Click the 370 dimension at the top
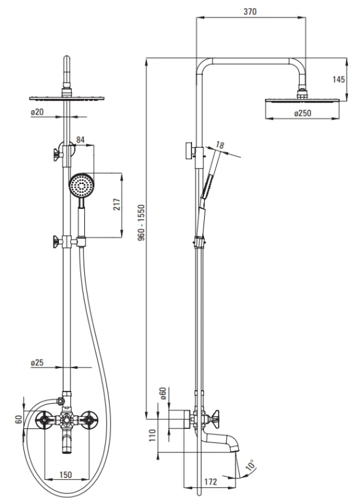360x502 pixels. coord(250,11)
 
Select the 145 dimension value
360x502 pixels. coord(339,79)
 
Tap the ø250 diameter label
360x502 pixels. coord(302,113)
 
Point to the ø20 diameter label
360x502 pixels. coord(37,112)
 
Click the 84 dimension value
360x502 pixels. coord(80,140)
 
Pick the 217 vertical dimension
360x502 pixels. coord(118,204)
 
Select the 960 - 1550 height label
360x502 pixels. coord(141,223)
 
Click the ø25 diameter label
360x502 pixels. coord(37,363)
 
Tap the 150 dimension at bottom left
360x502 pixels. coord(66,475)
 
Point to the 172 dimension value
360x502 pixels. coord(210,482)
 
